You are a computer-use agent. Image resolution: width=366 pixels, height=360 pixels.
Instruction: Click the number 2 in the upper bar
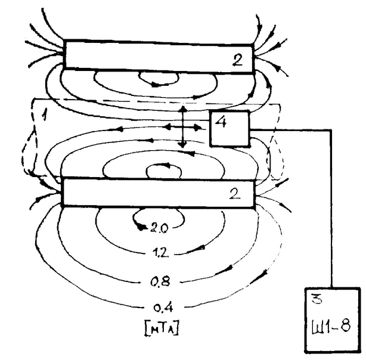(237, 59)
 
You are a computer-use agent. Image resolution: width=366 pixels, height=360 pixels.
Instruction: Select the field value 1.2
(160, 253)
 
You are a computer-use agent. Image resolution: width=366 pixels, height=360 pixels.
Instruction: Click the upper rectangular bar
(159, 55)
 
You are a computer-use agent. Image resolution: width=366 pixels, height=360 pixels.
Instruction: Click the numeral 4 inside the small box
(222, 122)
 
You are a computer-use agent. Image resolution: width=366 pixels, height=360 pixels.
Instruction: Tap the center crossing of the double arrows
(182, 127)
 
